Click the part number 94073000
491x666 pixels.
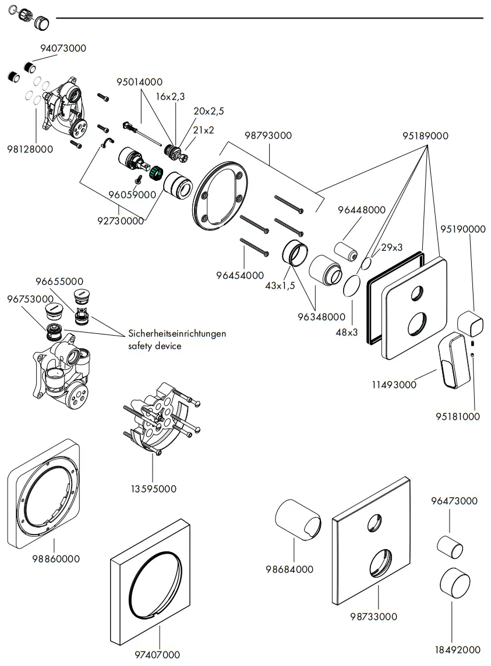pos(63,48)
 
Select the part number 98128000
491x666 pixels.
pos(30,149)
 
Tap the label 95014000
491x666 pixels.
pos(139,82)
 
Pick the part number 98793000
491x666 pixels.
pos(269,136)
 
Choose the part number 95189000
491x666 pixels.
pos(425,136)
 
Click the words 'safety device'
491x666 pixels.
pos(154,346)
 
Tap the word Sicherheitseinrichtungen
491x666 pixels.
pos(176,334)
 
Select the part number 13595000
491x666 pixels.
pos(153,489)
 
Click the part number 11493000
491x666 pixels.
pos(394,384)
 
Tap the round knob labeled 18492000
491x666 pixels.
pos(455,583)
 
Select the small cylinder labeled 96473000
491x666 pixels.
pos(450,547)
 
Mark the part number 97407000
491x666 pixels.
pos(157,655)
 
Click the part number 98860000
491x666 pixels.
pos(56,559)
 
